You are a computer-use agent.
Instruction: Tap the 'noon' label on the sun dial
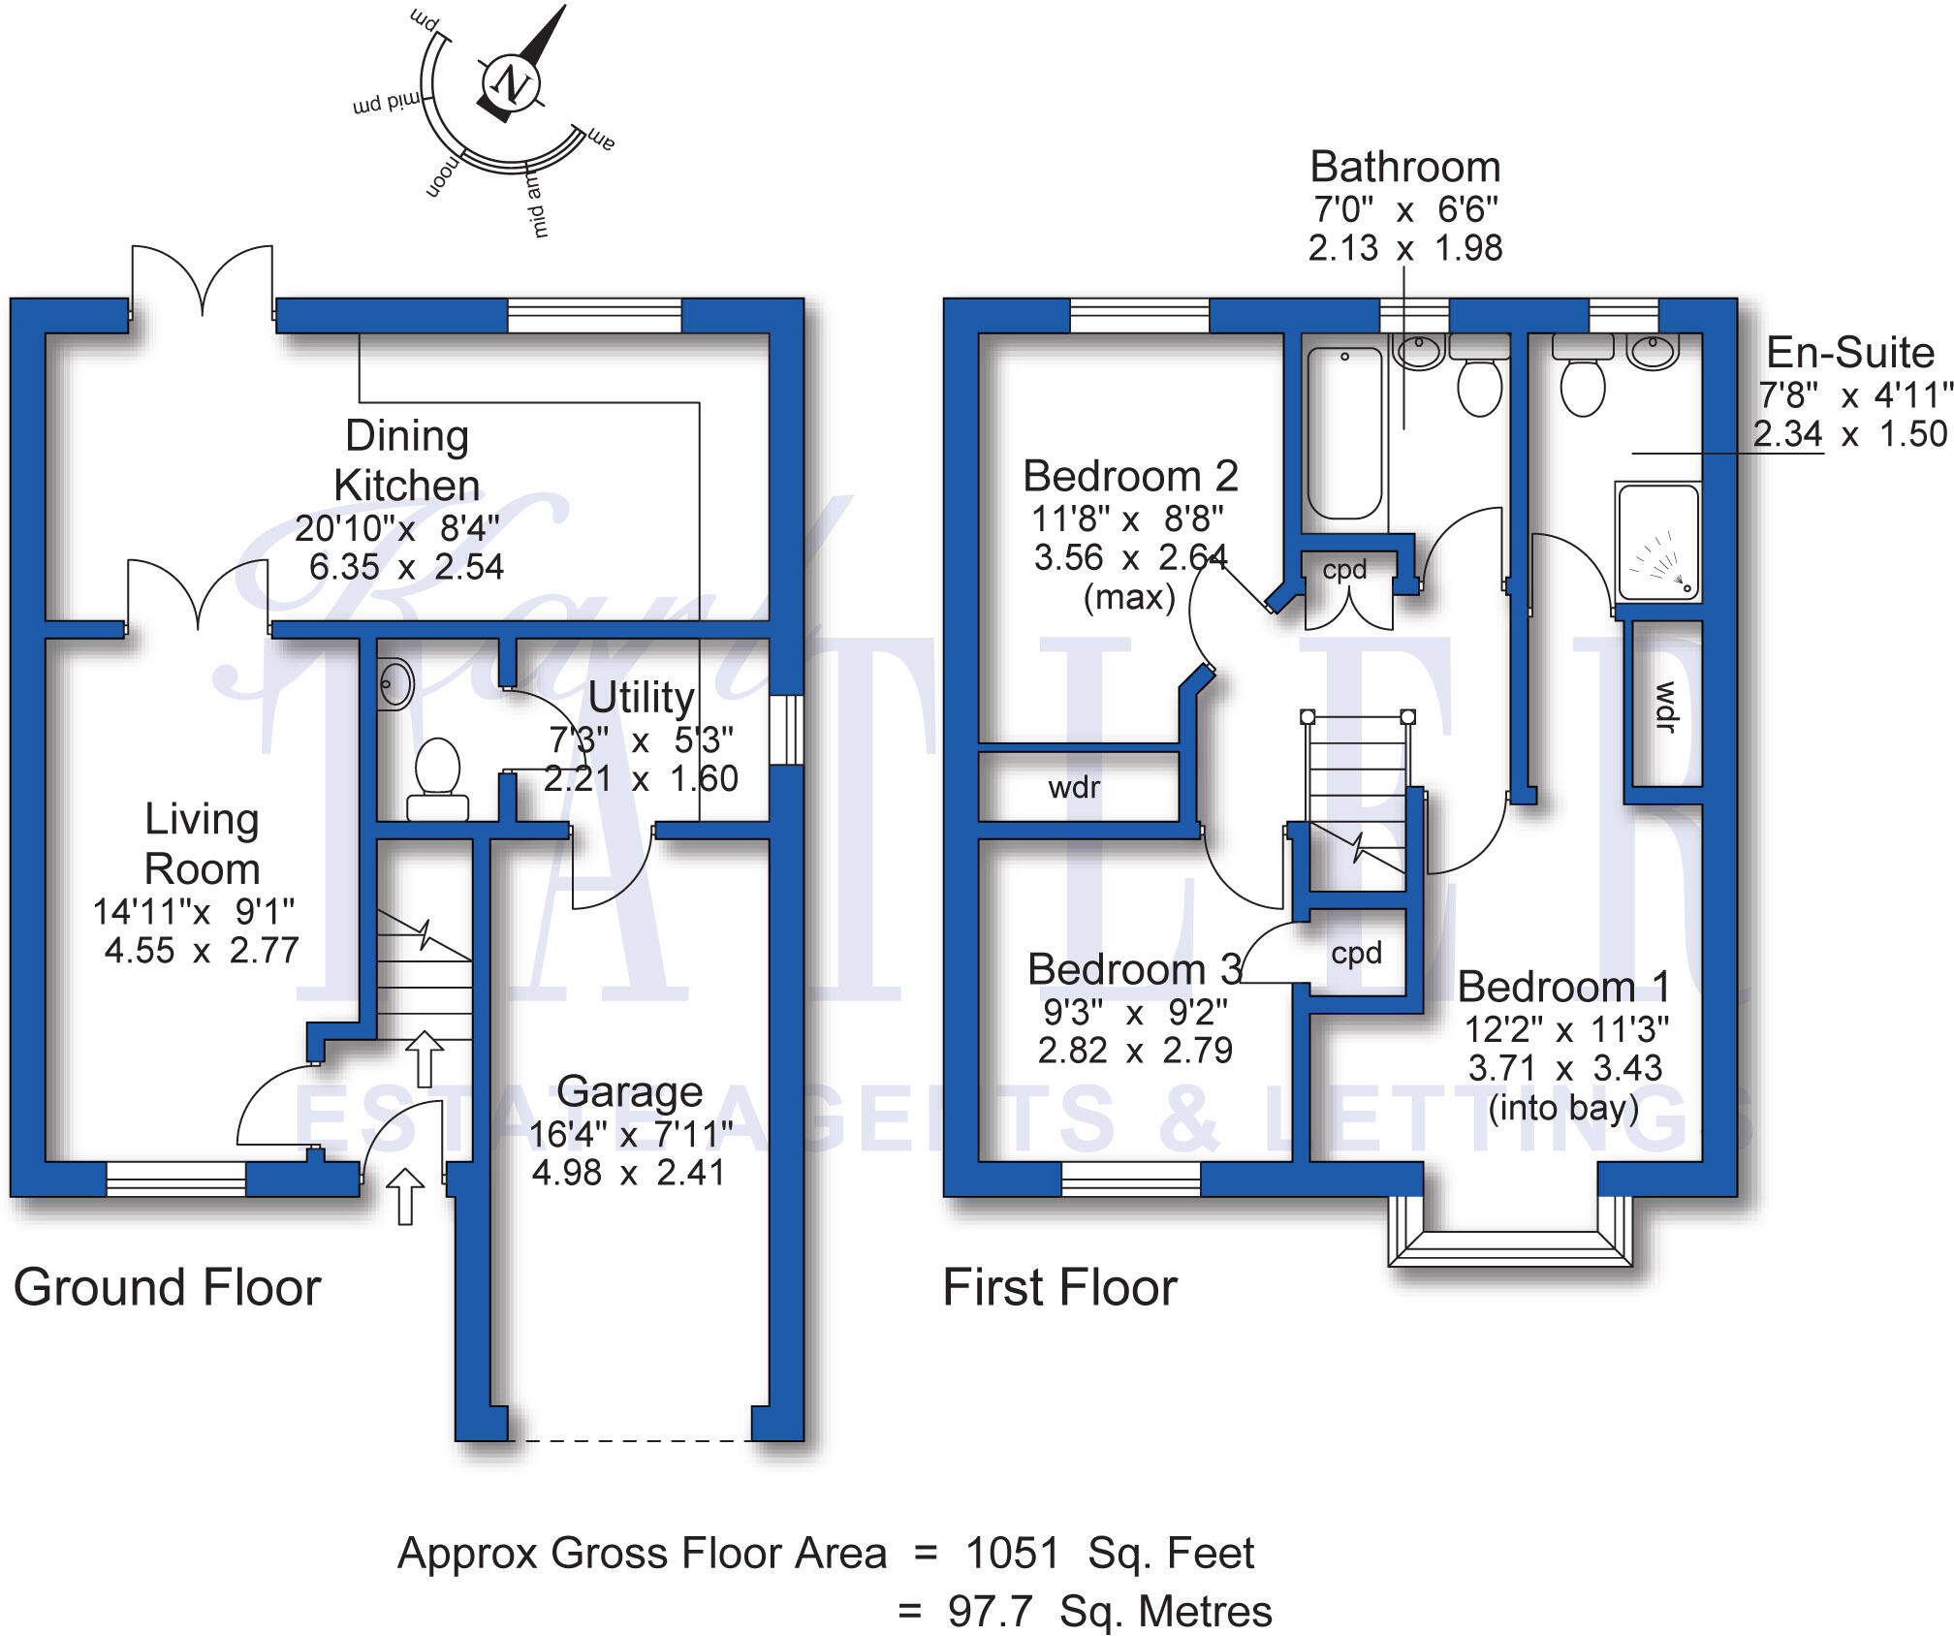[441, 175]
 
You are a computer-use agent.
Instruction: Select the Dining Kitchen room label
[406, 460]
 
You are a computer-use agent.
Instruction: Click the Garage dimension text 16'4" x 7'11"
[630, 1133]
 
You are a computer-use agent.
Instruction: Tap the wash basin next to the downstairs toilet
[394, 684]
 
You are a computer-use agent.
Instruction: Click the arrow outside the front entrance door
[406, 1195]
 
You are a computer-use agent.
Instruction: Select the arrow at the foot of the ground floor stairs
[424, 1057]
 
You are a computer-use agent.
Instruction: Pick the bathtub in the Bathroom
[1344, 433]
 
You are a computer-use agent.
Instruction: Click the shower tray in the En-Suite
[1657, 542]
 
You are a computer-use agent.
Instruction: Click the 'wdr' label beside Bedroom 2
[1074, 787]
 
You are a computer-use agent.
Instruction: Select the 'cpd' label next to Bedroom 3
[1356, 953]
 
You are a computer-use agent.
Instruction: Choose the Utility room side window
[787, 729]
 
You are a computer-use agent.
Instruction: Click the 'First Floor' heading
[1059, 1288]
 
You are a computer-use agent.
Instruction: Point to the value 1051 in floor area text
[1012, 1553]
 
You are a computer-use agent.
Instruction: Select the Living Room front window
[175, 1178]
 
